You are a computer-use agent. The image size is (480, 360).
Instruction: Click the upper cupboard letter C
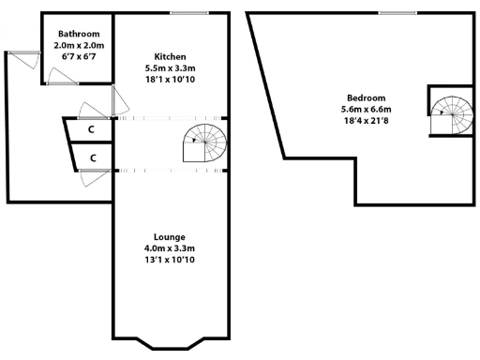click(93, 130)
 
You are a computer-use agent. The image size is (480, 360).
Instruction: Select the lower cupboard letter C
click(93, 157)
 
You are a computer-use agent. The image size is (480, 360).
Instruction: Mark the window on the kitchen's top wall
click(190, 12)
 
